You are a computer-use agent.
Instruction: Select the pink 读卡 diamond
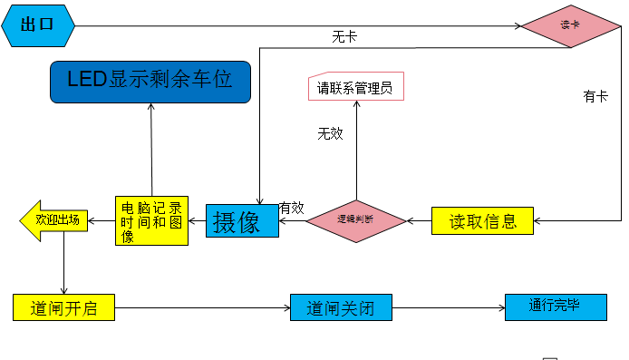click(569, 25)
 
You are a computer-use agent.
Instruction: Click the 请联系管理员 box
click(354, 88)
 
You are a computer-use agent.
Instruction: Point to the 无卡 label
click(344, 37)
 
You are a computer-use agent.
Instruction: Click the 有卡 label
click(595, 96)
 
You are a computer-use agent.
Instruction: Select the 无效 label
click(330, 133)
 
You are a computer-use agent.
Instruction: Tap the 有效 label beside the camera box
click(291, 208)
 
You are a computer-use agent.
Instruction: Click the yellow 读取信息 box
click(482, 220)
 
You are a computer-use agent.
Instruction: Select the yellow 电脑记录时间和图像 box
click(151, 220)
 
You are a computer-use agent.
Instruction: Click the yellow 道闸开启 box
click(64, 307)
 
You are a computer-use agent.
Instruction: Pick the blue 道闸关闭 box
click(340, 307)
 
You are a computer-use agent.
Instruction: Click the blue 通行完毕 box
click(555, 306)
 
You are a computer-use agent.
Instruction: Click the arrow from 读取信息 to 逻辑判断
click(418, 220)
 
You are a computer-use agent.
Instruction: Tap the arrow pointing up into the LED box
click(151, 145)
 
